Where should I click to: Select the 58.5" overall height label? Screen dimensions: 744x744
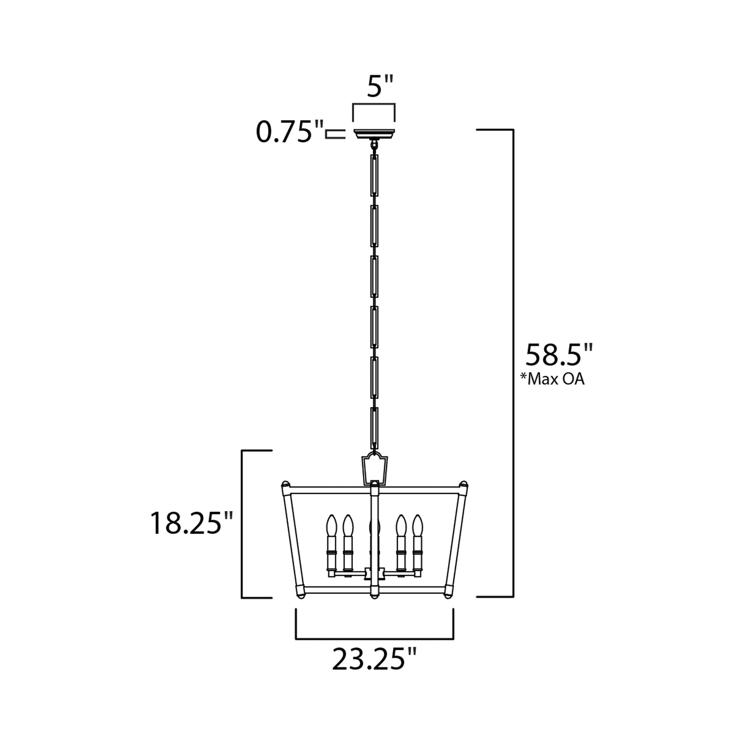tap(559, 355)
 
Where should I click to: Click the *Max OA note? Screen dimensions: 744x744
tap(552, 379)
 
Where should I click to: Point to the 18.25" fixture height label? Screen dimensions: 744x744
tap(192, 523)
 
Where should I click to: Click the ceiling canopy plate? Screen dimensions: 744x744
tap(374, 134)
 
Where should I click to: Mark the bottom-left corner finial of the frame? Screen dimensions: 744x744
tap(301, 607)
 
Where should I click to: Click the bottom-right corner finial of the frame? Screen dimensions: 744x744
tap(448, 607)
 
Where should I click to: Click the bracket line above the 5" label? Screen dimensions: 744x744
tap(374, 104)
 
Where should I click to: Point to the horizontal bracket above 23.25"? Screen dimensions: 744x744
tap(374, 639)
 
